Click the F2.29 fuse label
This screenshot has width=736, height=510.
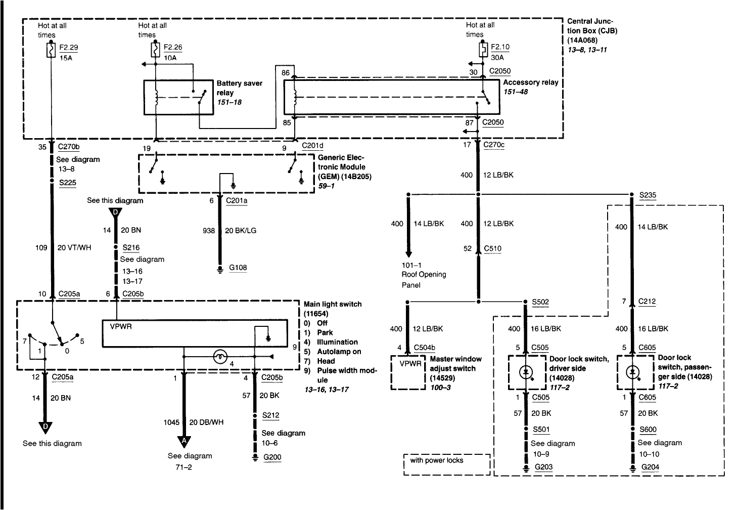tap(69, 48)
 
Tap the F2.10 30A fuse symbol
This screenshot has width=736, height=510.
tap(483, 50)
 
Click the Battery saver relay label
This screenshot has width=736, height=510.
tap(239, 88)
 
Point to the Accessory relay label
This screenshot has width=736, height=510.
tap(530, 82)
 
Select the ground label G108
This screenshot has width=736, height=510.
tap(238, 268)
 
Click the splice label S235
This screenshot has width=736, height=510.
tap(648, 195)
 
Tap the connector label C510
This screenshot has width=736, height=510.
tap(493, 248)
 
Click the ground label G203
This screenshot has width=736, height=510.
tap(543, 467)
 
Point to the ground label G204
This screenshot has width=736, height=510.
tap(650, 467)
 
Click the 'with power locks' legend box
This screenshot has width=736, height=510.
tap(447, 464)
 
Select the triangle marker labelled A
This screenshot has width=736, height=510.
tap(184, 441)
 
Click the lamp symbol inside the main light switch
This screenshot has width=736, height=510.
tap(220, 357)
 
